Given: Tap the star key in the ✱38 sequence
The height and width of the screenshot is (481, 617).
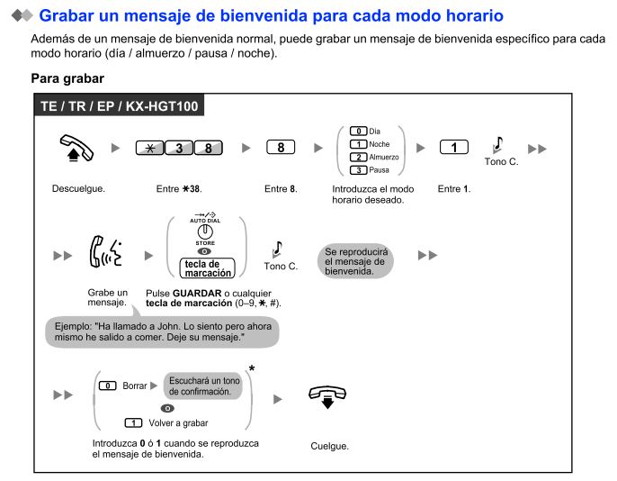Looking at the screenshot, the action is pyautogui.click(x=152, y=148).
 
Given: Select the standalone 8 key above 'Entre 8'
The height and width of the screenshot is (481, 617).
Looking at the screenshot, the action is pyautogui.click(x=281, y=148).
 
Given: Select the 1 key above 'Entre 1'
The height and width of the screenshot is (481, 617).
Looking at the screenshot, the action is pyautogui.click(x=453, y=148).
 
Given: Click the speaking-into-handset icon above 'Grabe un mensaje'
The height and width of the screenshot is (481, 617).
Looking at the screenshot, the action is pyautogui.click(x=109, y=256).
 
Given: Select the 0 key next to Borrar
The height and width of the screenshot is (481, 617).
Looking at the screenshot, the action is pyautogui.click(x=107, y=386).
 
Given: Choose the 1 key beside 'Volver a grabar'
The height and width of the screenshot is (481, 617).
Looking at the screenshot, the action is pyautogui.click(x=134, y=422).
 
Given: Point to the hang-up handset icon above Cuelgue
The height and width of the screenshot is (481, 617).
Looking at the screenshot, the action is pyautogui.click(x=328, y=396).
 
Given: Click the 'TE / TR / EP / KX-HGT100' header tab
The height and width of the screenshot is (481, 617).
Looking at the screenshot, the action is pyautogui.click(x=119, y=105).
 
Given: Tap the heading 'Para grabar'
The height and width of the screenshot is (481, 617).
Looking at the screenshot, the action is pyautogui.click(x=67, y=79).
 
